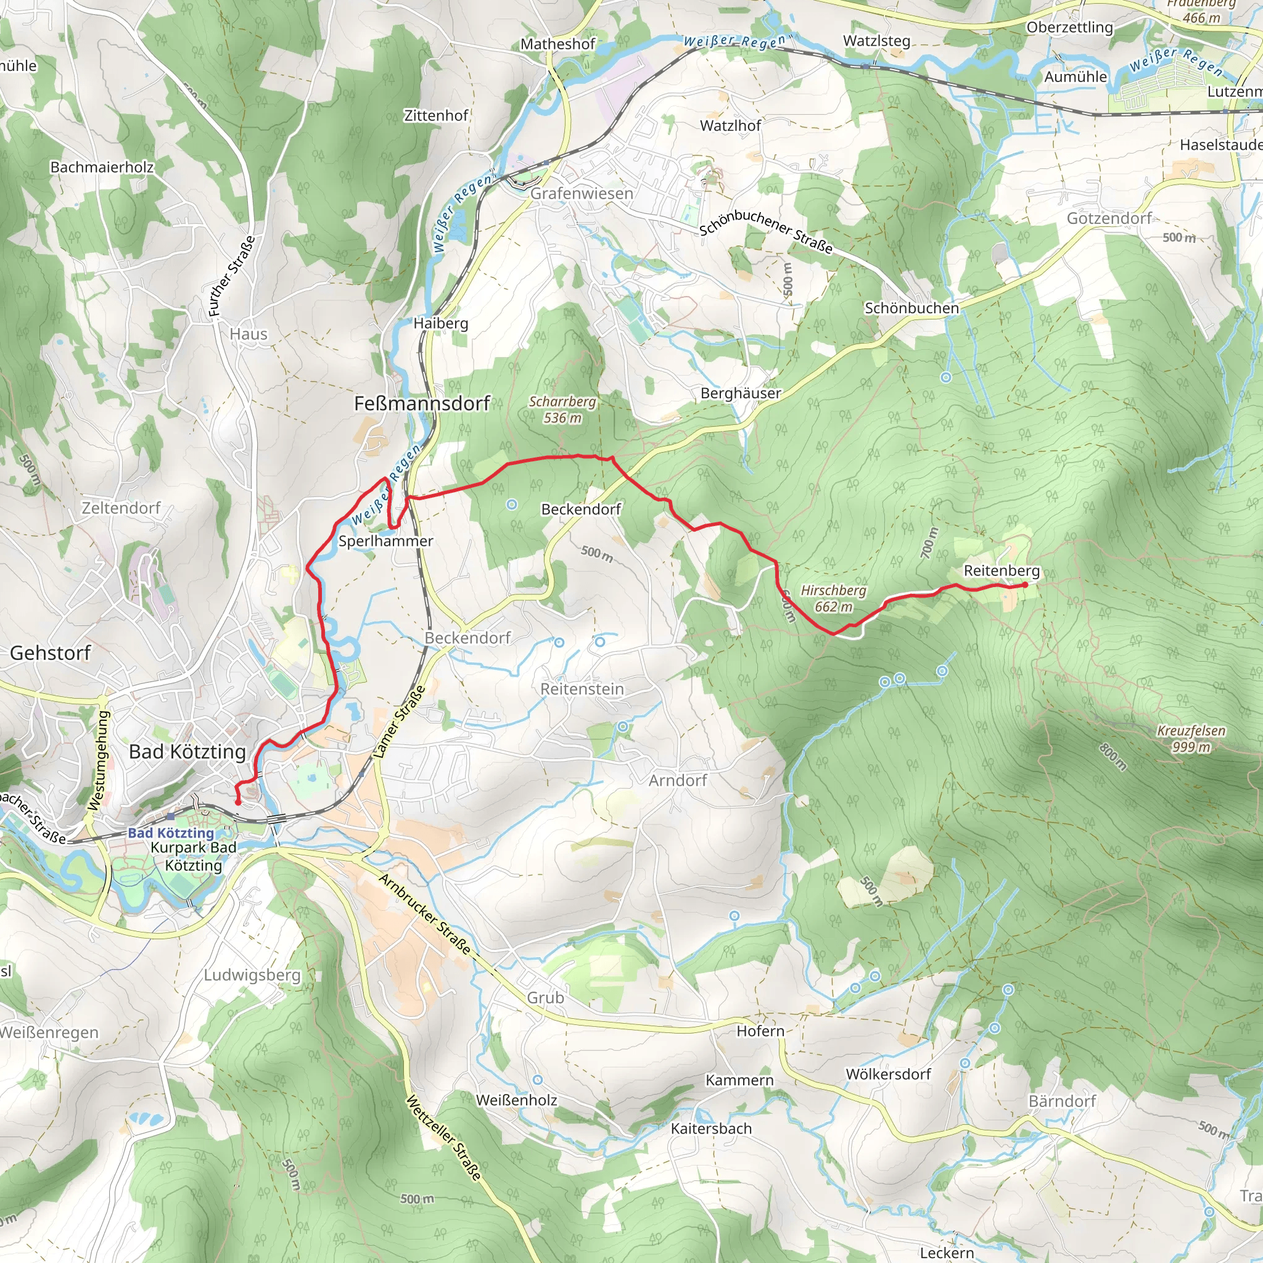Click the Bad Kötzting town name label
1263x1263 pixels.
coord(187,752)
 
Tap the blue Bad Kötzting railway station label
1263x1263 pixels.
coord(171,833)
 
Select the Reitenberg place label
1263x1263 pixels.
coord(1002,570)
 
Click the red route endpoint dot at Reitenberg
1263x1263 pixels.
coord(1024,585)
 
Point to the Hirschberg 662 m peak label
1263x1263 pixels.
coord(834,598)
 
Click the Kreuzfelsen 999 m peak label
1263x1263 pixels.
coord(1191,739)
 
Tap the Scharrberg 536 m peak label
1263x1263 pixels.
coord(562,409)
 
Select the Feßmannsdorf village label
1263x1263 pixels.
coord(422,403)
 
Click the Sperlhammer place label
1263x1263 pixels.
coord(385,541)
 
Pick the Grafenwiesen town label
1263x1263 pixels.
coord(581,194)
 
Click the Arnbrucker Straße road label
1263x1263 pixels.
coord(424,914)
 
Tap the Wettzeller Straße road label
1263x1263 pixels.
coord(444,1137)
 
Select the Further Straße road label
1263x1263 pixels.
coord(231,276)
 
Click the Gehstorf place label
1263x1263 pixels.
coord(51,652)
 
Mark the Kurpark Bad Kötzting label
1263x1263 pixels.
coord(194,857)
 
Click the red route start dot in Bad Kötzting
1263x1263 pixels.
coord(238,802)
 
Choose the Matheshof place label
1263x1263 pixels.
coord(557,44)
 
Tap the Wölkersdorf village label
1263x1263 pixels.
coord(888,1074)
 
